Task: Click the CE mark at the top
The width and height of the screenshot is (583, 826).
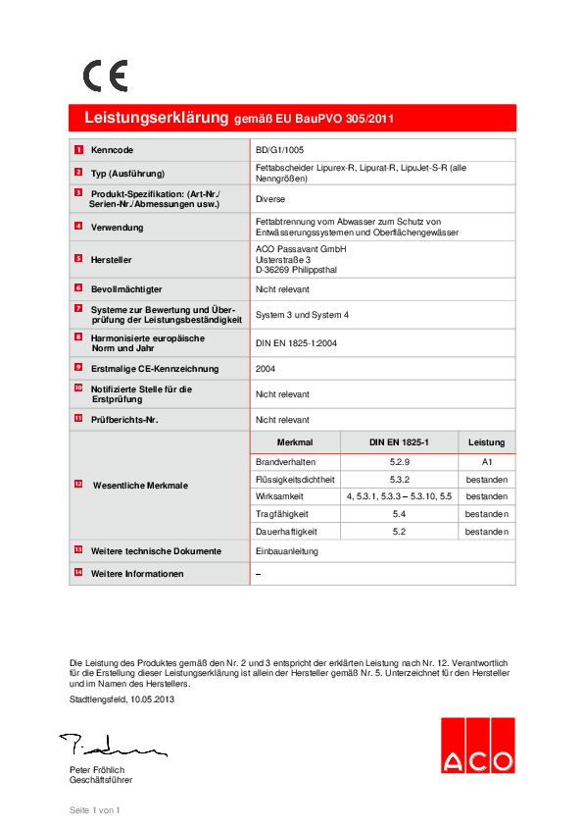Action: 105,76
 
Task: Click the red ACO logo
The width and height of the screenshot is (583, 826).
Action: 476,746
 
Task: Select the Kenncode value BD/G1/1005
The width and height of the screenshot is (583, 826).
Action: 279,150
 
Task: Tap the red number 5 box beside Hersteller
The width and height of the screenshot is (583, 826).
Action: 78,258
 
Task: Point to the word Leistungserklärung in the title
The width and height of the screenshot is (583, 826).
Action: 156,118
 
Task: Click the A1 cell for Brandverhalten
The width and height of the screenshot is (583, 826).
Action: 486,460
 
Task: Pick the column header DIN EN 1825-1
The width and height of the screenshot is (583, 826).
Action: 399,442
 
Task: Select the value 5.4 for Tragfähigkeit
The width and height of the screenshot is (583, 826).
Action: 399,514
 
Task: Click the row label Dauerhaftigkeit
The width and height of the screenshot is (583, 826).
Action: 285,532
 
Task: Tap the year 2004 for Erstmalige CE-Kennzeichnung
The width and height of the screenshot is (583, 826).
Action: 266,369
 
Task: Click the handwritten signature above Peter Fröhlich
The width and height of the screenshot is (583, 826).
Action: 109,747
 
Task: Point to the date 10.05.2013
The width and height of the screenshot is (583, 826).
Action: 153,697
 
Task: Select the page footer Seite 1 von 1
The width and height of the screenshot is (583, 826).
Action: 94,810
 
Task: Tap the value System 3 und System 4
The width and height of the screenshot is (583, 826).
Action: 302,314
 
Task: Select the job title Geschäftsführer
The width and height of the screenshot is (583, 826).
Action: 100,780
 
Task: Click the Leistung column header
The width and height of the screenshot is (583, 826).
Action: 486,442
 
